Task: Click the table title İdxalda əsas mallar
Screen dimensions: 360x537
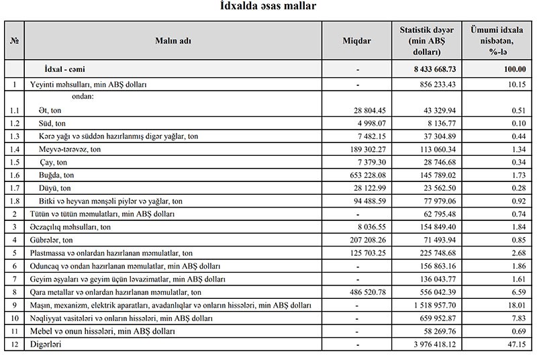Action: click(x=268, y=7)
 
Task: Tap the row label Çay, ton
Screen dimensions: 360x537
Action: click(x=54, y=162)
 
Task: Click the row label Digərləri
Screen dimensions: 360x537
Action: click(x=46, y=345)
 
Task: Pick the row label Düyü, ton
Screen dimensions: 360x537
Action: click(x=54, y=188)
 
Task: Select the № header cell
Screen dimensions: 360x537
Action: click(x=14, y=41)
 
